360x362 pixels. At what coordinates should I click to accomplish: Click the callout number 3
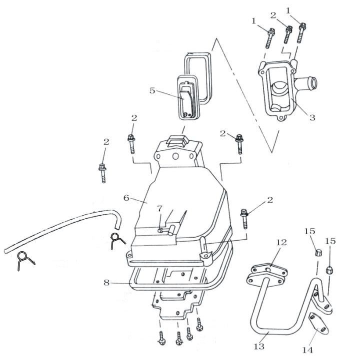(312, 117)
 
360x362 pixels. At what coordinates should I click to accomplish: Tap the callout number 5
(152, 90)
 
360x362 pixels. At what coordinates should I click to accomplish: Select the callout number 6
(126, 198)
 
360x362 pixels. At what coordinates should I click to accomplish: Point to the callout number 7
(160, 209)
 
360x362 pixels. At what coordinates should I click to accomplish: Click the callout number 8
(106, 282)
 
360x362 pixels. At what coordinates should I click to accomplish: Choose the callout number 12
(281, 242)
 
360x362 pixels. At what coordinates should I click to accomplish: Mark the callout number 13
(258, 347)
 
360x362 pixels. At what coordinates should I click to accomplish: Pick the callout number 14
(307, 350)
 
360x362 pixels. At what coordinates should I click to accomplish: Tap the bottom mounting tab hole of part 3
(280, 118)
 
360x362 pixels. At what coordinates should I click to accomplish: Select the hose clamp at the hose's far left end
(25, 259)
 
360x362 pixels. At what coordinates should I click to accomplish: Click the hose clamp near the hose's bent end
(116, 240)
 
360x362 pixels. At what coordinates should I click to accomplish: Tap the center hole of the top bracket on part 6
(175, 156)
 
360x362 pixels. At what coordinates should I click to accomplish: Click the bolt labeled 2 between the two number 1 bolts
(288, 34)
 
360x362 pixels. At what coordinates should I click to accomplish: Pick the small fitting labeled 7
(160, 230)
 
